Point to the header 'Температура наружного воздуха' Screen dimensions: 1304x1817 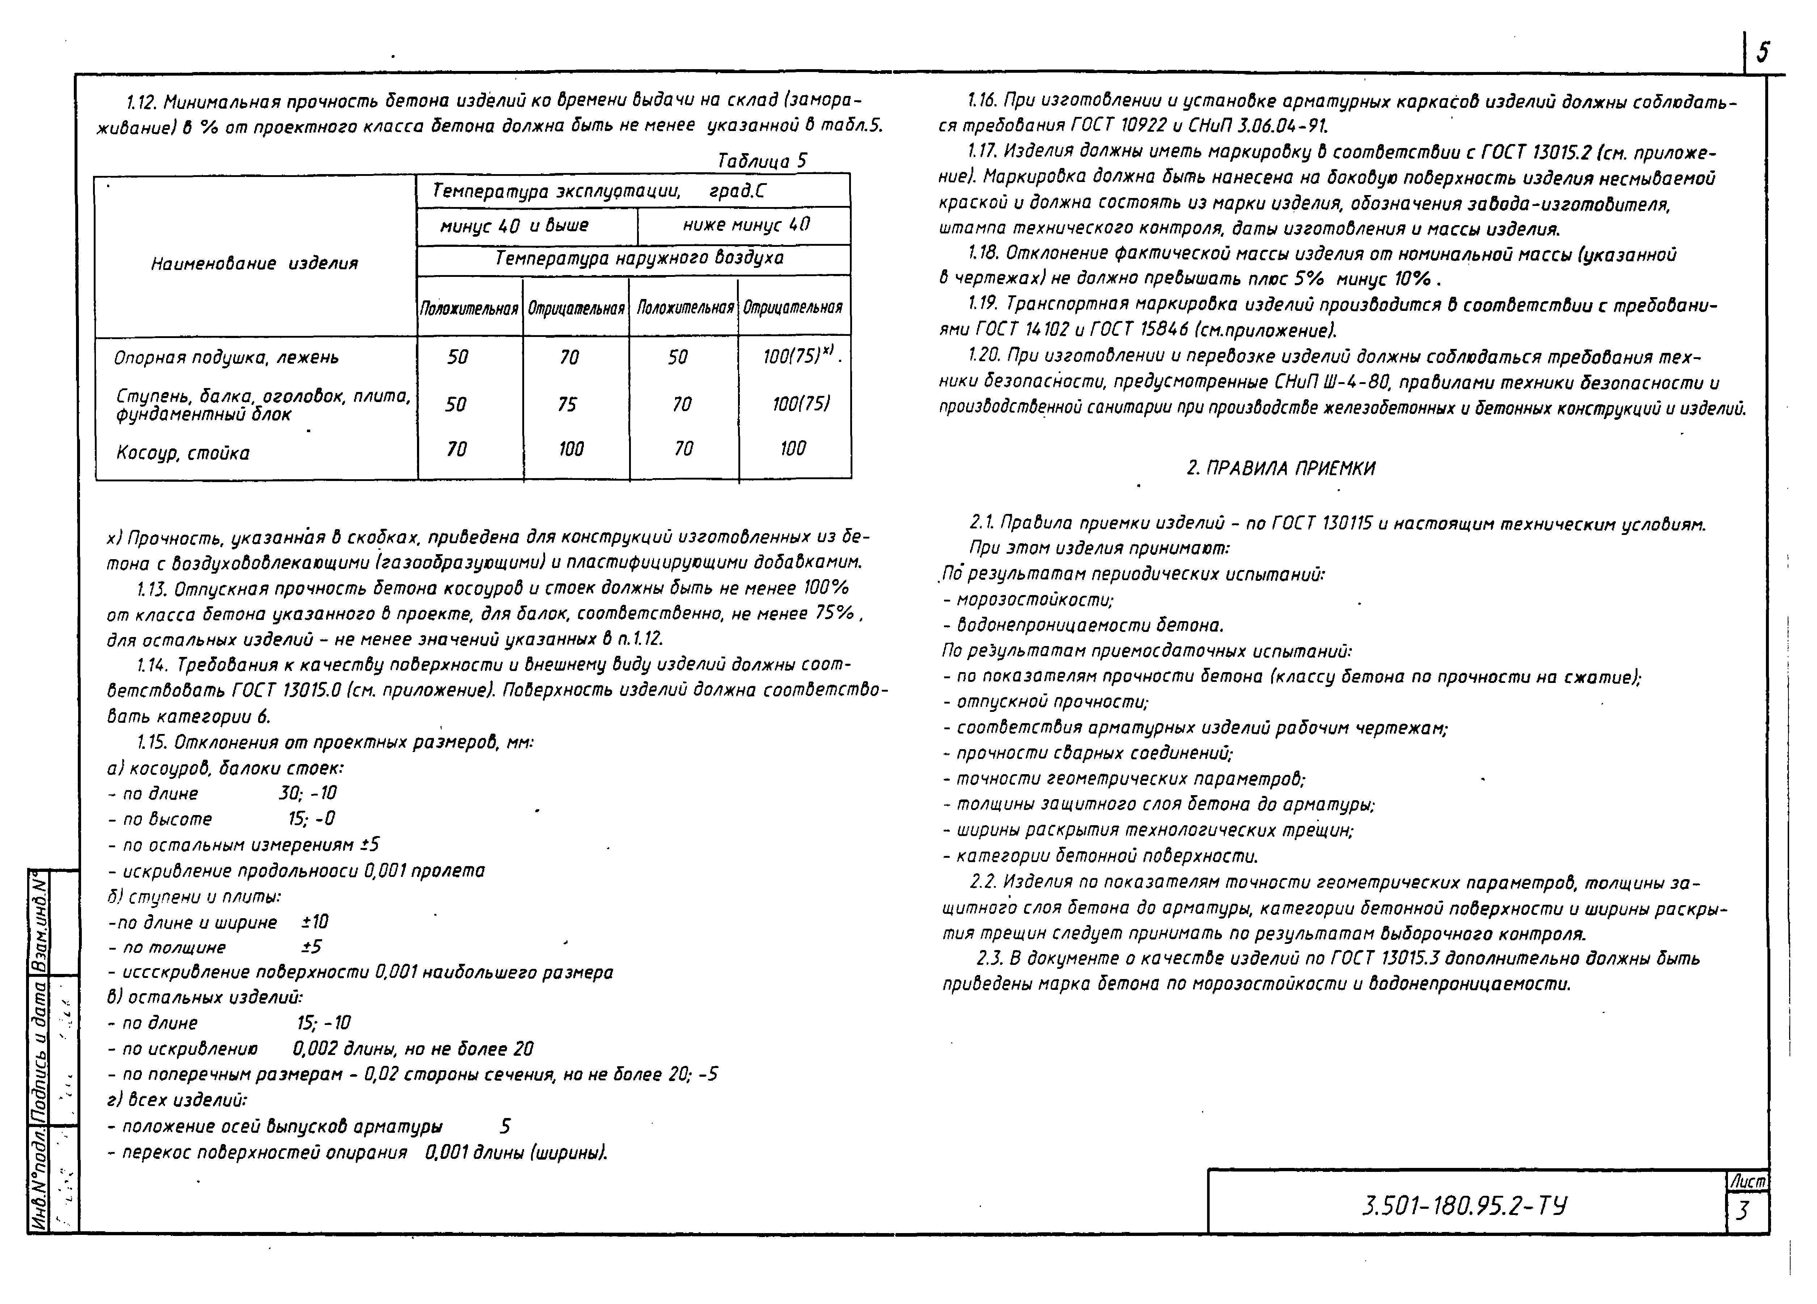638,258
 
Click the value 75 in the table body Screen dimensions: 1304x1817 567,405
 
